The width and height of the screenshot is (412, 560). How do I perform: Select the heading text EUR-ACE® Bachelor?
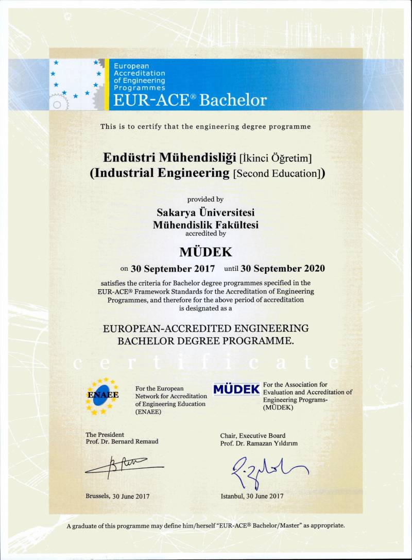click(190, 100)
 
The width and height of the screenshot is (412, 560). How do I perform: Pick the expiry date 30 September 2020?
click(283, 268)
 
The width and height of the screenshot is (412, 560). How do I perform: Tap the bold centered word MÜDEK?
click(205, 252)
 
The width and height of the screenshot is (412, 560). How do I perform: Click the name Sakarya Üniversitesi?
click(205, 212)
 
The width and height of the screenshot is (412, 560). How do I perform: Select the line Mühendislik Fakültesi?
click(205, 224)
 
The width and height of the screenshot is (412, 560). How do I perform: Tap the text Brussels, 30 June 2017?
click(117, 496)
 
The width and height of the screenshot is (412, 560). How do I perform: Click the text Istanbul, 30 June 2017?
click(252, 496)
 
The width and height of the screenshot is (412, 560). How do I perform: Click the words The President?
click(105, 435)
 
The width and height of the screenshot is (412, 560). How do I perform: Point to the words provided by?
click(205, 199)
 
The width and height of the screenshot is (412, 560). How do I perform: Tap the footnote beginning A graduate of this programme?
click(205, 525)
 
